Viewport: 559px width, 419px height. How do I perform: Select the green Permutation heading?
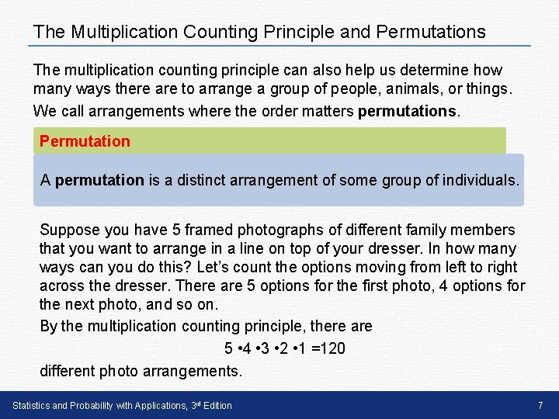coord(85,141)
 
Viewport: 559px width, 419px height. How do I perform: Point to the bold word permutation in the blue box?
coord(99,180)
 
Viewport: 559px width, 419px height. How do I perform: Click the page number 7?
coord(540,405)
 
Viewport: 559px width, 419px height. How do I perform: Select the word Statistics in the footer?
coord(32,405)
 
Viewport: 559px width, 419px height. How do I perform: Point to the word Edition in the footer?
coord(216,405)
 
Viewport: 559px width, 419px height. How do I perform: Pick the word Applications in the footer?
coord(158,405)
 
